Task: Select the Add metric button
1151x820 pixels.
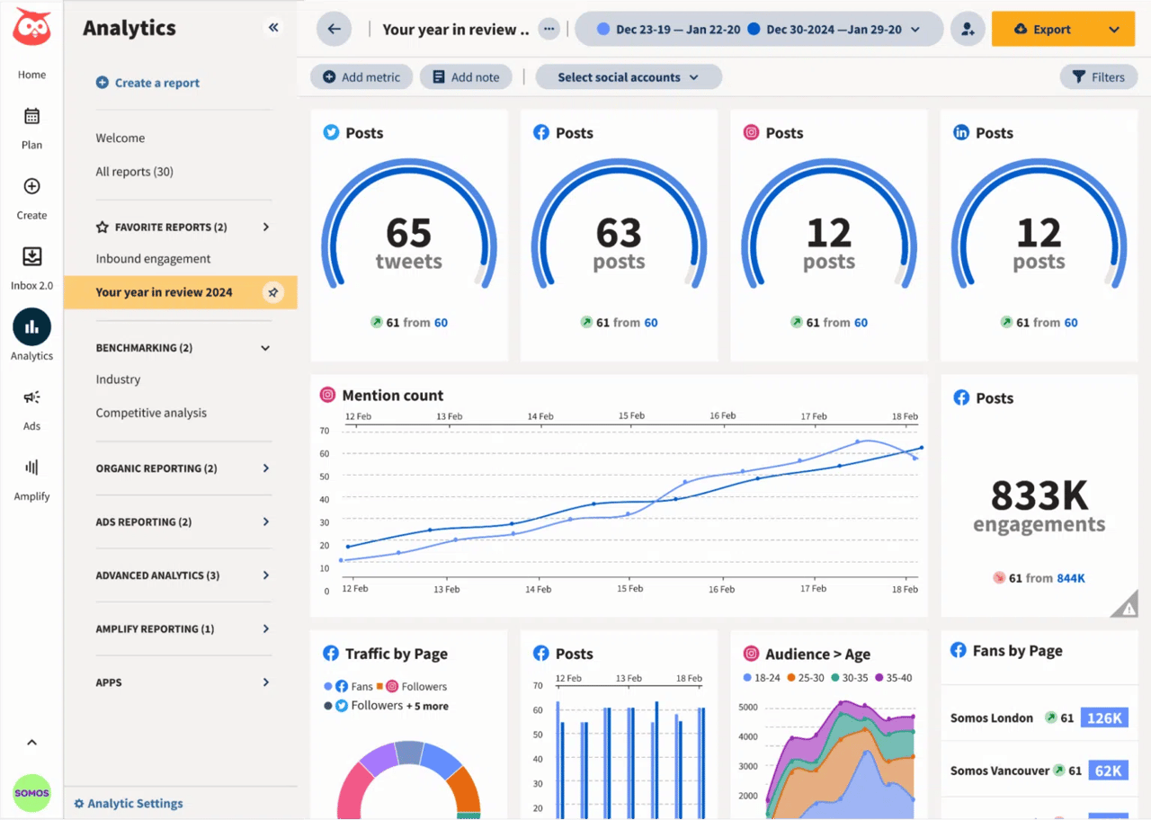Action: coord(361,77)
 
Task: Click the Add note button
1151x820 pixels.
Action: coord(466,77)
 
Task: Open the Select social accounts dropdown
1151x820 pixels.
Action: coord(628,77)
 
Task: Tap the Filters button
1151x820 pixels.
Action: coord(1098,77)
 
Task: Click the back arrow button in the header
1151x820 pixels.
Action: coord(334,29)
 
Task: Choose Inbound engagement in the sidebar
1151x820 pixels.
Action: coord(153,259)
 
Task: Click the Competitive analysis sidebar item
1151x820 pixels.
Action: coord(151,413)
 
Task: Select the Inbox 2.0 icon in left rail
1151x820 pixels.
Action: coord(31,257)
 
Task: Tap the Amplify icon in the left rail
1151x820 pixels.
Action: coord(31,468)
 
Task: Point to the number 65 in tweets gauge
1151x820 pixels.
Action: coord(408,233)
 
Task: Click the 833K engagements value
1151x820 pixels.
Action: coord(1039,495)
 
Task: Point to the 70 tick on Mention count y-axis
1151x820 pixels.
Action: coord(325,431)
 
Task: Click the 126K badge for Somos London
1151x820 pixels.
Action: coord(1103,718)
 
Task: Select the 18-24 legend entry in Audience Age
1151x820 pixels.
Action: coord(762,678)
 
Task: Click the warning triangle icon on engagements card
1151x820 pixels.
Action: coord(1128,608)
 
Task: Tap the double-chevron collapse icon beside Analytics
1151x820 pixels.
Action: coord(273,28)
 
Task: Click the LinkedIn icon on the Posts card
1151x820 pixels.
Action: coord(960,133)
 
